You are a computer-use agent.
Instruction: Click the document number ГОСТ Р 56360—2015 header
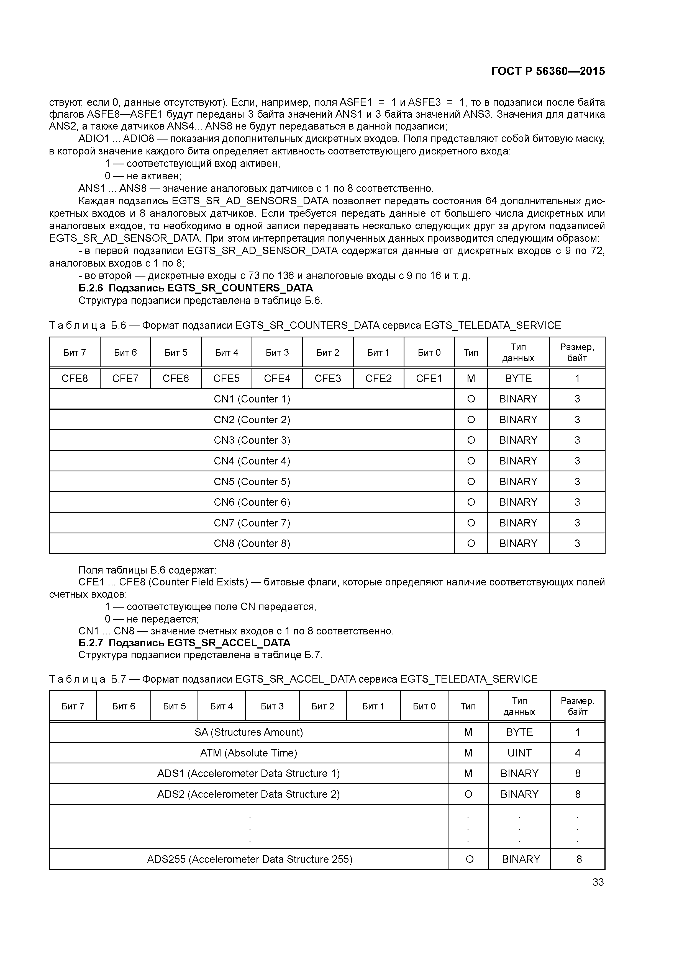(548, 71)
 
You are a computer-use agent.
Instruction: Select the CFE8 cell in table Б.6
(75, 378)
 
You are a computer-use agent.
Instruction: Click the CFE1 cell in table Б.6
(429, 378)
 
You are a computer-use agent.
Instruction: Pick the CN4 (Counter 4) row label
(252, 461)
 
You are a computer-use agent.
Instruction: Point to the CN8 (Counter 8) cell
(252, 543)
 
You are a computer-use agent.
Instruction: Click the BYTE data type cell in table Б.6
(518, 378)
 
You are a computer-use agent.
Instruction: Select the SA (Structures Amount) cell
(248, 732)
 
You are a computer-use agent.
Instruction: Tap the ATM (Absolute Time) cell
(248, 753)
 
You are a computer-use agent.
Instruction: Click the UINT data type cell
(519, 753)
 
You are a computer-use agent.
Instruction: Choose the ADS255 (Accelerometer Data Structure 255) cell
(250, 859)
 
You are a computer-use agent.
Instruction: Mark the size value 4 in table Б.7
(577, 753)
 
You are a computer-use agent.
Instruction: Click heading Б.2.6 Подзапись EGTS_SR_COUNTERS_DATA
(196, 288)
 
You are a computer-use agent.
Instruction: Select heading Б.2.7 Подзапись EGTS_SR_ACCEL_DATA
(184, 643)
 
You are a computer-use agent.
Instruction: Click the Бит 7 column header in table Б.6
(75, 352)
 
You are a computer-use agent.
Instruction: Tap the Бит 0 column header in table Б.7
(424, 706)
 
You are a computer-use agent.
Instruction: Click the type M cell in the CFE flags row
(471, 378)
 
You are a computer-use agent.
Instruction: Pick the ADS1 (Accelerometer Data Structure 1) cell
(248, 773)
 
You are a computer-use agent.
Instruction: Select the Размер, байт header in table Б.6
(577, 352)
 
